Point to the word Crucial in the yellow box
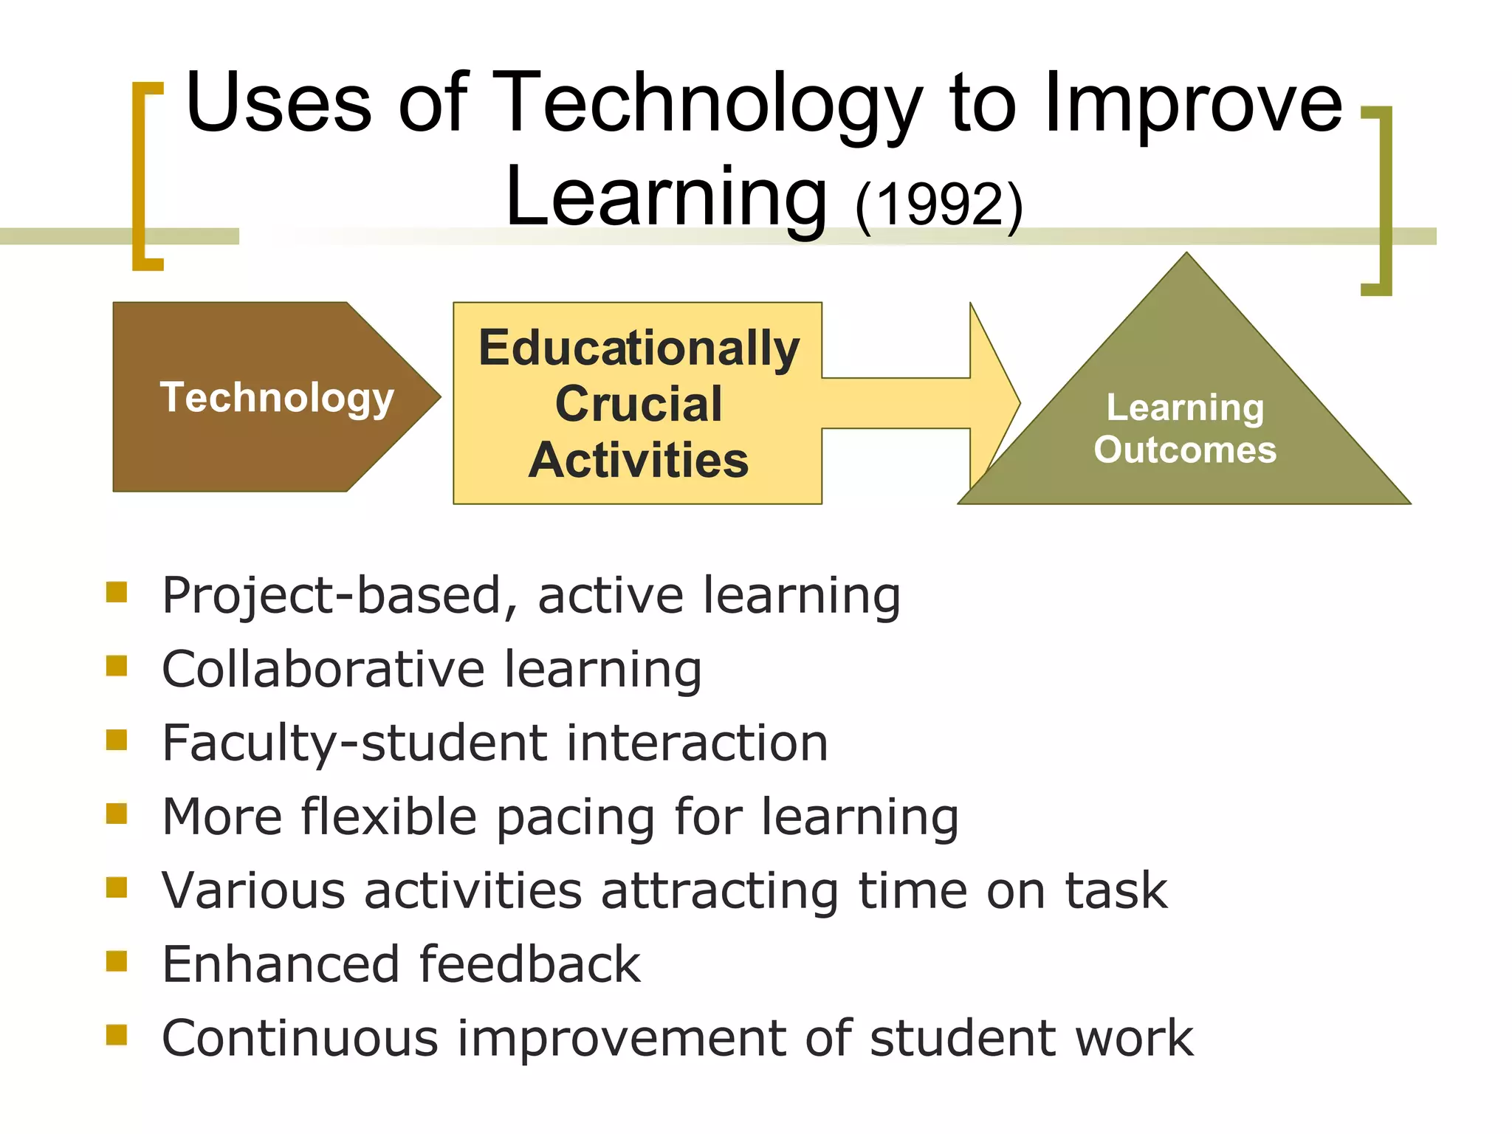click(639, 404)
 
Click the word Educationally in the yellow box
click(639, 348)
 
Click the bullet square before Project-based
click(117, 592)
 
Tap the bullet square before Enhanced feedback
click(117, 961)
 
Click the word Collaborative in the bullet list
click(323, 669)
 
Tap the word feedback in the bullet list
click(529, 964)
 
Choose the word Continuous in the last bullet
click(300, 1038)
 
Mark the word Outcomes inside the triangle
click(1185, 450)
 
